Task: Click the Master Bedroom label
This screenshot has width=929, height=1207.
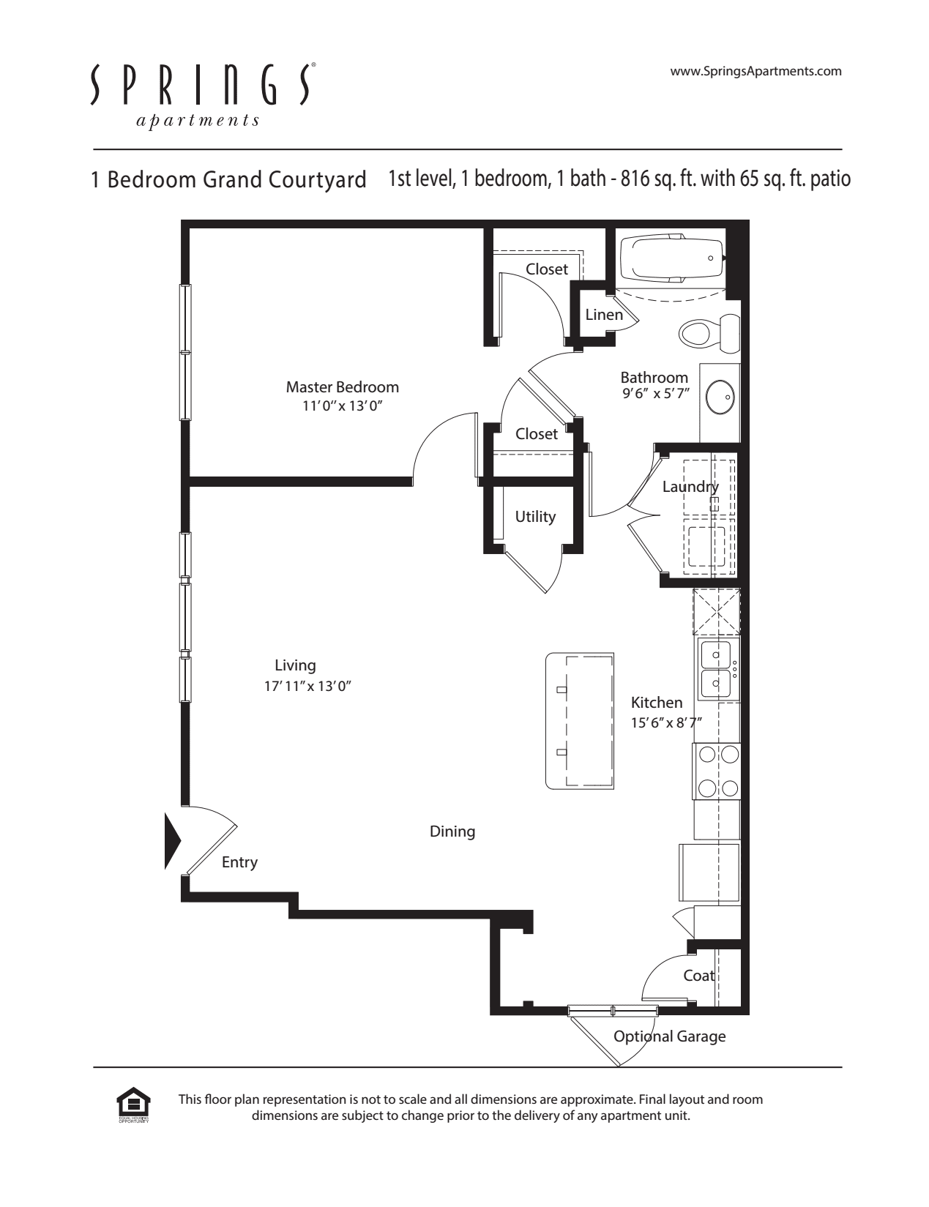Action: point(342,387)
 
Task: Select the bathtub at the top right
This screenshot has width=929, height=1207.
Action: point(672,258)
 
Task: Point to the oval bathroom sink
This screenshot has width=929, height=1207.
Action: point(720,397)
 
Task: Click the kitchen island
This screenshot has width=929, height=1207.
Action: point(580,721)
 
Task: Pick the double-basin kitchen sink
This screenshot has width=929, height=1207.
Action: point(717,669)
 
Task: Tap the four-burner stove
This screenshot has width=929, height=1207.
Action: point(716,771)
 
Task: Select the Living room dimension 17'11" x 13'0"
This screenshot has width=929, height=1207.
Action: point(307,687)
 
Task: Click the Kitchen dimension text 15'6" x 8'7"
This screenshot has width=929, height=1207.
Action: point(666,722)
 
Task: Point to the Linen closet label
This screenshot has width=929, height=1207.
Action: point(604,315)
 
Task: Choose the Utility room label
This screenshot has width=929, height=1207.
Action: point(535,517)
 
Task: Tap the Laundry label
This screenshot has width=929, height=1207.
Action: point(690,487)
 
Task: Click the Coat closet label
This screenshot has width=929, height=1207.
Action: point(698,976)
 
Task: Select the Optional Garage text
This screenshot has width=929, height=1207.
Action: point(670,1036)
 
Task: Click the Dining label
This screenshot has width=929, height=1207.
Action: point(452,832)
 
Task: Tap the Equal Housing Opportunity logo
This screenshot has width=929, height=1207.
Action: point(133,1105)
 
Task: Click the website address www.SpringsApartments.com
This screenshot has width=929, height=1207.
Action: point(755,71)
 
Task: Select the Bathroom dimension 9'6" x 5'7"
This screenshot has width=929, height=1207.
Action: point(656,394)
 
